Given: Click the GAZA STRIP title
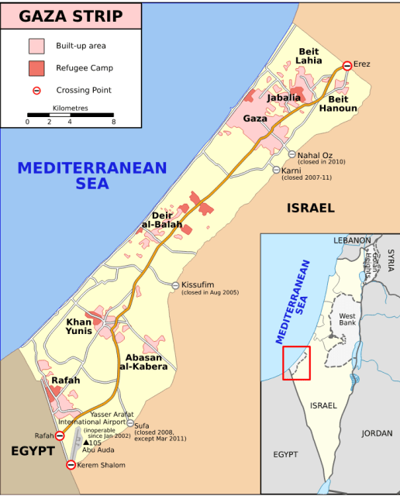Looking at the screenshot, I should click(71, 15).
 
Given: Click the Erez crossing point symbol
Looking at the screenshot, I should click(347, 65).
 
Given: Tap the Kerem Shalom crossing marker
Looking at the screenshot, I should click(71, 465).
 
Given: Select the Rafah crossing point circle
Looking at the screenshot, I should click(60, 436).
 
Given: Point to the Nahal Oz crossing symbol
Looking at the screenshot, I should click(291, 154).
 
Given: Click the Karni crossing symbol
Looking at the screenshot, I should click(276, 170).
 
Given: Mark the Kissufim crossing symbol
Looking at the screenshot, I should click(175, 285).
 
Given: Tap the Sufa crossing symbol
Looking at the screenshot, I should click(130, 423).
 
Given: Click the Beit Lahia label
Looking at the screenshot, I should click(309, 56).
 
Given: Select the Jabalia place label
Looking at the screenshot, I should click(284, 98).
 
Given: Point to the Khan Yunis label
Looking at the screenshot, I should click(79, 326).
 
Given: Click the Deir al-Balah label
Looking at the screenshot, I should click(161, 220).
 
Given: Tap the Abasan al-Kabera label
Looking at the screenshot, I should click(143, 361).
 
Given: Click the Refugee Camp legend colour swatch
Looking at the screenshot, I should click(36, 68).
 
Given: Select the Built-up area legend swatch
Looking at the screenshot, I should click(36, 46).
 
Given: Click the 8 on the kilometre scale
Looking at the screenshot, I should click(113, 122).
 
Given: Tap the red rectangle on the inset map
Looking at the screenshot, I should click(296, 363).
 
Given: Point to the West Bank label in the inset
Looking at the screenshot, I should click(347, 319).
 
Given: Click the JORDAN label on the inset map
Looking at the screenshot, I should click(377, 433).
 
